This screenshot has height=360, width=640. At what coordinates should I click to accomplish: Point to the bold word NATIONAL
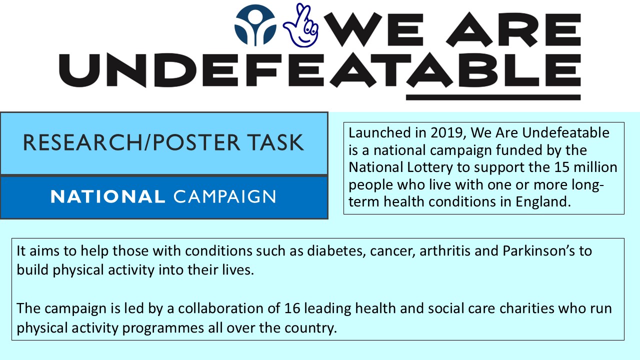[107, 197]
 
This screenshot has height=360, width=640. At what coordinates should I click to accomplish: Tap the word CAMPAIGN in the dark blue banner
[224, 197]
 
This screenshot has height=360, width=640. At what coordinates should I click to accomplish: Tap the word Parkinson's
[539, 251]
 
